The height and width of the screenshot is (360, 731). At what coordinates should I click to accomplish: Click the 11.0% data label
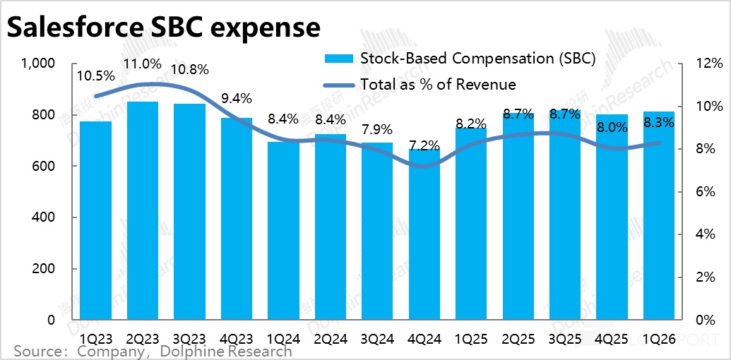pyautogui.click(x=141, y=64)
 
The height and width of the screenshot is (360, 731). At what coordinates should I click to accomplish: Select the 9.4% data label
pyautogui.click(x=236, y=98)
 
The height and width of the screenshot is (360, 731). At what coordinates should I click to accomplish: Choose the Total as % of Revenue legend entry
pyautogui.click(x=438, y=84)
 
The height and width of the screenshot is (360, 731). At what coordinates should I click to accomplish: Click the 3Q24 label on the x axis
pyautogui.click(x=376, y=338)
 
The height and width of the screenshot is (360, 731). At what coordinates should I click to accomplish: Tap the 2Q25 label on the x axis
pyautogui.click(x=518, y=338)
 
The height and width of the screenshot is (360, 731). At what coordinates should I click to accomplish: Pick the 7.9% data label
pyautogui.click(x=376, y=129)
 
